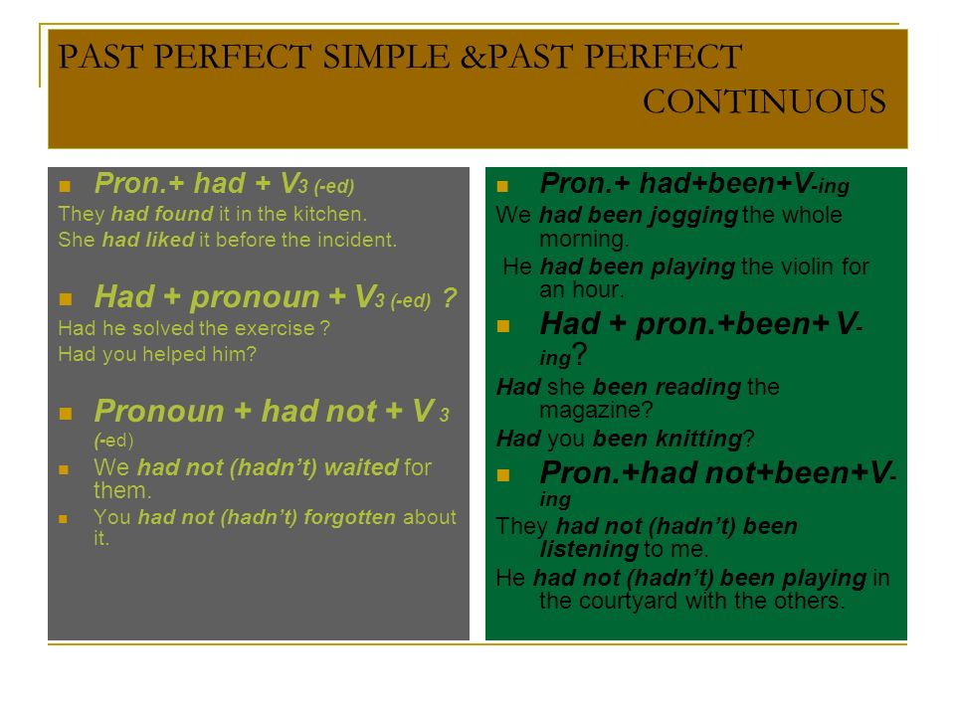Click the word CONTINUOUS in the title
coord(764,101)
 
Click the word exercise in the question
coord(275,328)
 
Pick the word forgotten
coord(349,517)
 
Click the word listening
coord(589,550)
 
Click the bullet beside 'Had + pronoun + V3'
coord(66,299)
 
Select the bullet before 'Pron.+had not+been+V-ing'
coord(503,475)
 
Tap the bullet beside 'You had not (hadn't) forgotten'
coord(63,519)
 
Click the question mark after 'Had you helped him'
coord(252,354)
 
